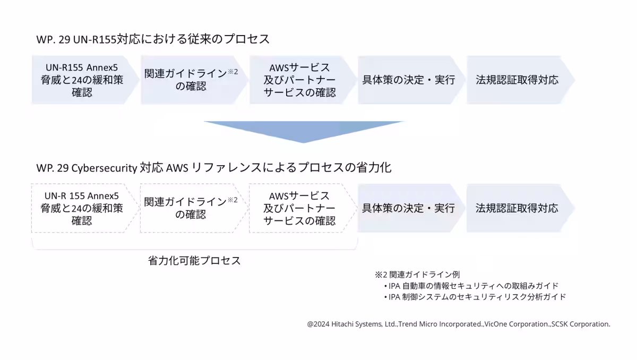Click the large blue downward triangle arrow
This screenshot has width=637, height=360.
pos(304,130)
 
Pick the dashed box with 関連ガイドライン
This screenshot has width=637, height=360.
pos(194,208)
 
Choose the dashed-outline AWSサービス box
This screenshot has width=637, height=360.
pos(303,208)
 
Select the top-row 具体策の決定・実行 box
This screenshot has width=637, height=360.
pos(411,80)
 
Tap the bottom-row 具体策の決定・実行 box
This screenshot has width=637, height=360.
pos(411,208)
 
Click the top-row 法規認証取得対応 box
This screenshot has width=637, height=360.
pos(521,80)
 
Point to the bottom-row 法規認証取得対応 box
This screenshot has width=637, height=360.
pos(521,208)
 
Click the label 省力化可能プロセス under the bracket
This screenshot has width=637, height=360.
pos(194,261)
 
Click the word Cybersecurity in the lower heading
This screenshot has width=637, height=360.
pos(104,168)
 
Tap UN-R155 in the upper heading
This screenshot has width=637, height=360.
pos(94,39)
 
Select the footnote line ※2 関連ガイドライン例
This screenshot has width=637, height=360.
pos(417,275)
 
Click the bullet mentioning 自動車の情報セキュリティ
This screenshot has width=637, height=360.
pos(471,286)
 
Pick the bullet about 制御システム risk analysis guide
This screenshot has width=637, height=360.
pos(475,297)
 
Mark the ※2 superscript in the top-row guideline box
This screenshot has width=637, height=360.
pos(233,71)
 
